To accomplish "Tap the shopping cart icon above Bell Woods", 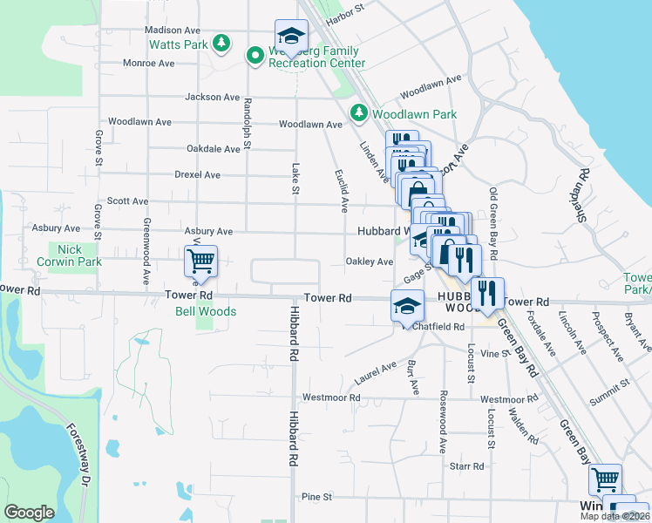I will click(201, 261).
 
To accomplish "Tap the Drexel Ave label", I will click(197, 175).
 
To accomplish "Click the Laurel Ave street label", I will click(376, 373).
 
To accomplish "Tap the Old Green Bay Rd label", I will click(494, 223).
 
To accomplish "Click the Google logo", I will click(29, 513).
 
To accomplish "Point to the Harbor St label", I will click(344, 13).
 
